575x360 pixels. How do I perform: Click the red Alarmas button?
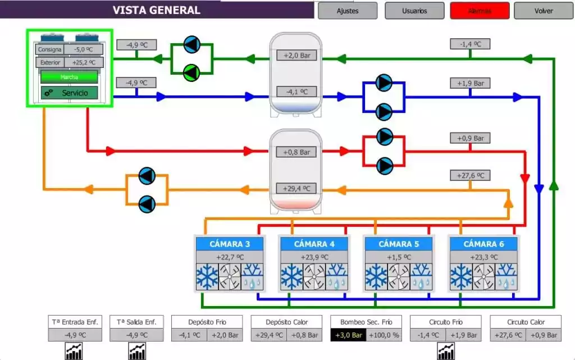(x=480, y=11)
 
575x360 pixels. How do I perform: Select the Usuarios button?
(x=414, y=11)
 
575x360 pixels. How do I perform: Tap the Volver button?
(x=544, y=11)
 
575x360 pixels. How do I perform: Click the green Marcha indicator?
(x=69, y=77)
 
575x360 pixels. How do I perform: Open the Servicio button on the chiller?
(x=70, y=93)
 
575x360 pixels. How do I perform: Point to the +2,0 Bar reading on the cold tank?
(x=296, y=55)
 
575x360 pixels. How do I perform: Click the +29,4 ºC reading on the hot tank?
(x=296, y=188)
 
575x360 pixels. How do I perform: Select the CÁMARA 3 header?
(x=230, y=244)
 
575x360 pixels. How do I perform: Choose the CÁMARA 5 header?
(x=399, y=244)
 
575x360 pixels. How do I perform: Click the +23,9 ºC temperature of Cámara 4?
(x=314, y=257)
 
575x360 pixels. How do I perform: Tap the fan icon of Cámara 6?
(x=483, y=276)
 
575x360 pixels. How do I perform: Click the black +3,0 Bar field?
(x=349, y=335)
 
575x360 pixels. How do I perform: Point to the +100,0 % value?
(x=385, y=335)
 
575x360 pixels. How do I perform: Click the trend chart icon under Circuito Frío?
(x=446, y=352)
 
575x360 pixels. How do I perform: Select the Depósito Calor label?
(x=287, y=322)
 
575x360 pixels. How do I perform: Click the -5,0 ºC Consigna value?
(x=84, y=49)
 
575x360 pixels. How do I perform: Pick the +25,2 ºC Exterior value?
(x=84, y=62)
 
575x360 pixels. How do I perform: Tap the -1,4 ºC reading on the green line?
(x=471, y=44)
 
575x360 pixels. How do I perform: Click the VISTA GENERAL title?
(x=156, y=10)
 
